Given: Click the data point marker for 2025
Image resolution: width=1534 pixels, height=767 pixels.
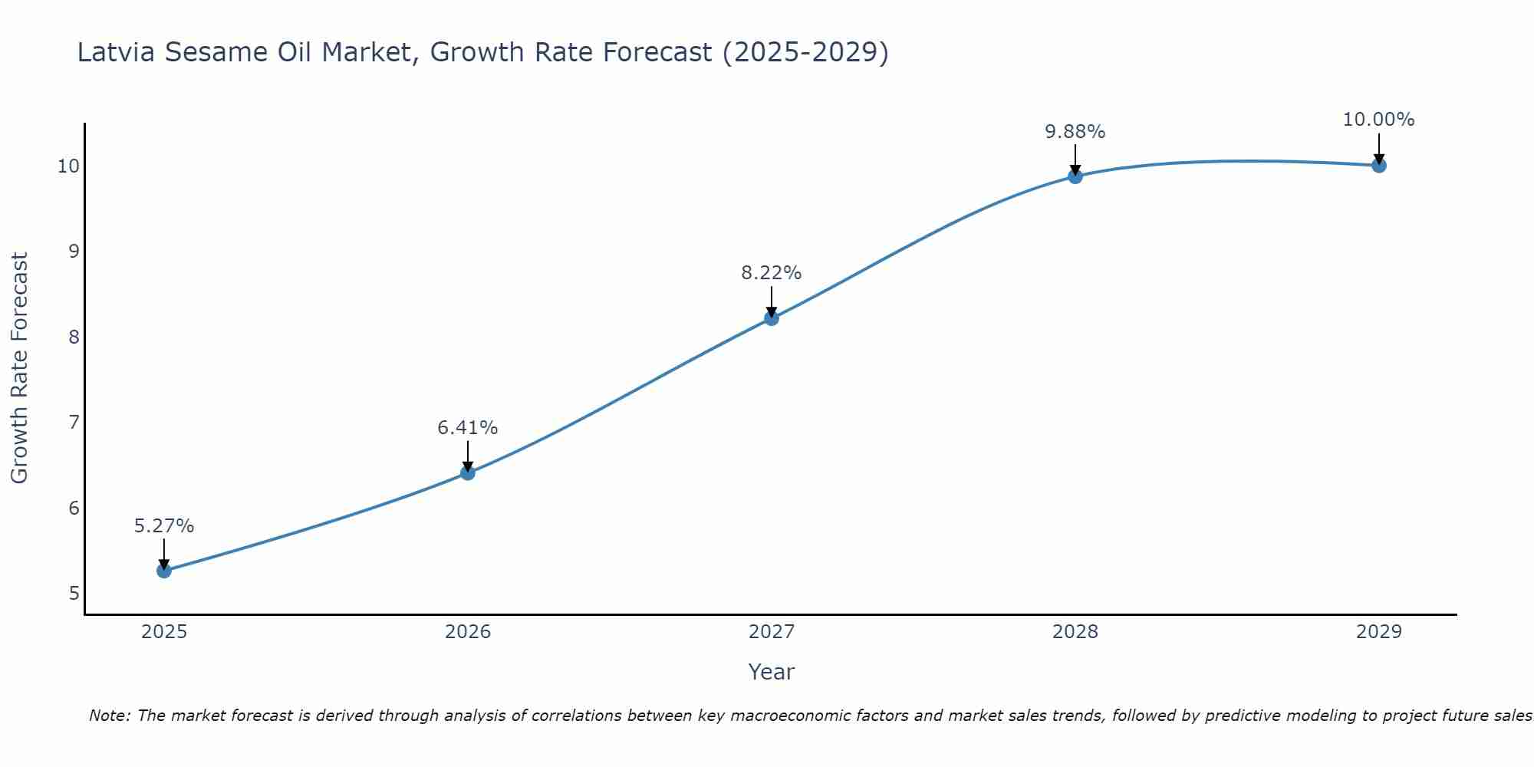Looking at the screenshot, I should (x=164, y=571).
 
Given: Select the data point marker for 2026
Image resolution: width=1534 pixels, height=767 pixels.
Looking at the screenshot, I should (x=468, y=472).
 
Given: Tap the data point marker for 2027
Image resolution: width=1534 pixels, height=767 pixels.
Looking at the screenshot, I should (x=772, y=318).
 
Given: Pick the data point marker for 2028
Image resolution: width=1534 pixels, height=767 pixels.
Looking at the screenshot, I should (x=1075, y=176).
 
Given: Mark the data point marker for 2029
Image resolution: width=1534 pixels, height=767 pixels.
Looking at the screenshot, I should (x=1379, y=165).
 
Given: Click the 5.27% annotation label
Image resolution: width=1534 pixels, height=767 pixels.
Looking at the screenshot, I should (x=164, y=526).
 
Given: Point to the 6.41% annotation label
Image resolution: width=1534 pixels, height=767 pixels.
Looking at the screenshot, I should (x=468, y=428).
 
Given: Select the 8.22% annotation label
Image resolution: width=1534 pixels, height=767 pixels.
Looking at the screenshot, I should (x=772, y=273).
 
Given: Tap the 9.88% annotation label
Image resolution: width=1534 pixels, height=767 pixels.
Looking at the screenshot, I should (x=1075, y=132).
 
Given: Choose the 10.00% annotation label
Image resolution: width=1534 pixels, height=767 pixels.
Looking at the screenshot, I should (x=1378, y=120).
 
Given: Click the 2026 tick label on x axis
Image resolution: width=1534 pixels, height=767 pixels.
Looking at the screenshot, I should (x=468, y=632).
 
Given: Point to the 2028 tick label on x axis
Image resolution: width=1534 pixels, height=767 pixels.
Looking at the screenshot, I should (x=1075, y=632).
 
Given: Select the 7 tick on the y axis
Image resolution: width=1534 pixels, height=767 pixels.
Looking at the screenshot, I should (x=74, y=423).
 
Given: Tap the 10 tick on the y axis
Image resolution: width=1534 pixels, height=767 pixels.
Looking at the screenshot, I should (x=69, y=166).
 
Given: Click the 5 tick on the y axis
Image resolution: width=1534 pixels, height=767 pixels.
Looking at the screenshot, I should (x=74, y=594).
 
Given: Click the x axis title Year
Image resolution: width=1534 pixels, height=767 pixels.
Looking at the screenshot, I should (x=771, y=672).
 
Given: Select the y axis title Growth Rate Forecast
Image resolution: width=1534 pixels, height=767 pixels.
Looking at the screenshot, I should (x=19, y=368).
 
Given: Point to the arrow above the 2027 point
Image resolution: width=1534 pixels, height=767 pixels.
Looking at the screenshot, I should (x=772, y=301).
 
